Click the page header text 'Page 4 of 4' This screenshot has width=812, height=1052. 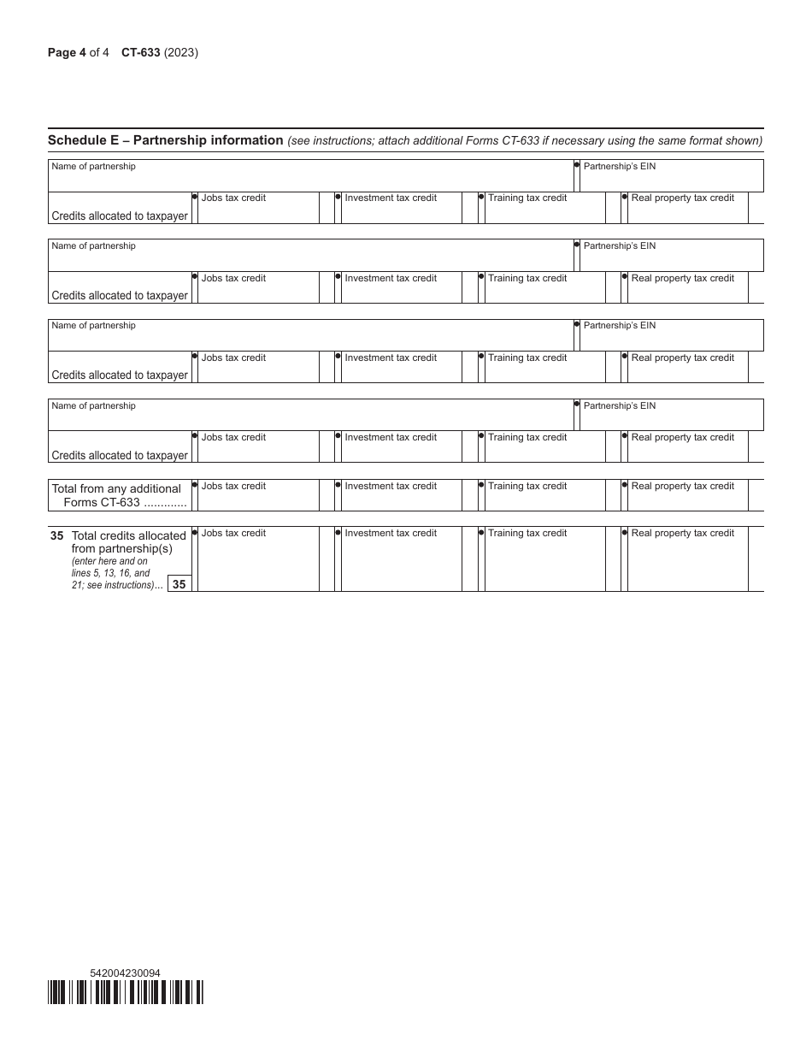[x=78, y=52]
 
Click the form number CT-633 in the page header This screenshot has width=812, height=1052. [x=141, y=52]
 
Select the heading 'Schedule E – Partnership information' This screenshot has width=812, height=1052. [x=165, y=140]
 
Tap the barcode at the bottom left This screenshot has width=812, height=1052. [x=126, y=992]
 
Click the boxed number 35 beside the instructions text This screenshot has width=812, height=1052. [x=179, y=584]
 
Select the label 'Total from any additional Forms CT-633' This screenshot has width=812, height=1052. [x=118, y=495]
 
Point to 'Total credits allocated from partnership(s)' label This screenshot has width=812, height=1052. [x=128, y=542]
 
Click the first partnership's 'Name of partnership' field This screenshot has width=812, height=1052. [x=310, y=179]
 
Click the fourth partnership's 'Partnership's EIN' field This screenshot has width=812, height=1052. [x=672, y=419]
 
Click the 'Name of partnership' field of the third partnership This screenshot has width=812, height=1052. [x=310, y=339]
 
